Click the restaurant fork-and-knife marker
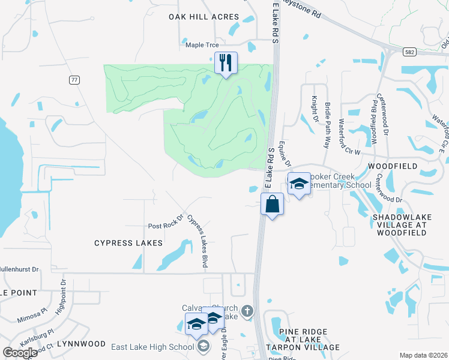pyautogui.click(x=226, y=62)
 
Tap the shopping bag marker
pyautogui.click(x=272, y=204)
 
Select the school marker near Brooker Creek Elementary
pyautogui.click(x=298, y=184)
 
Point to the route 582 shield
pyautogui.click(x=408, y=52)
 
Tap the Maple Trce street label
pyautogui.click(x=202, y=44)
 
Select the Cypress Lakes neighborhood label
pyautogui.click(x=128, y=243)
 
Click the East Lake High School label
pyautogui.click(x=152, y=346)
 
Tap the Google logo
pyautogui.click(x=20, y=353)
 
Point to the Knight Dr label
pyautogui.click(x=315, y=109)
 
